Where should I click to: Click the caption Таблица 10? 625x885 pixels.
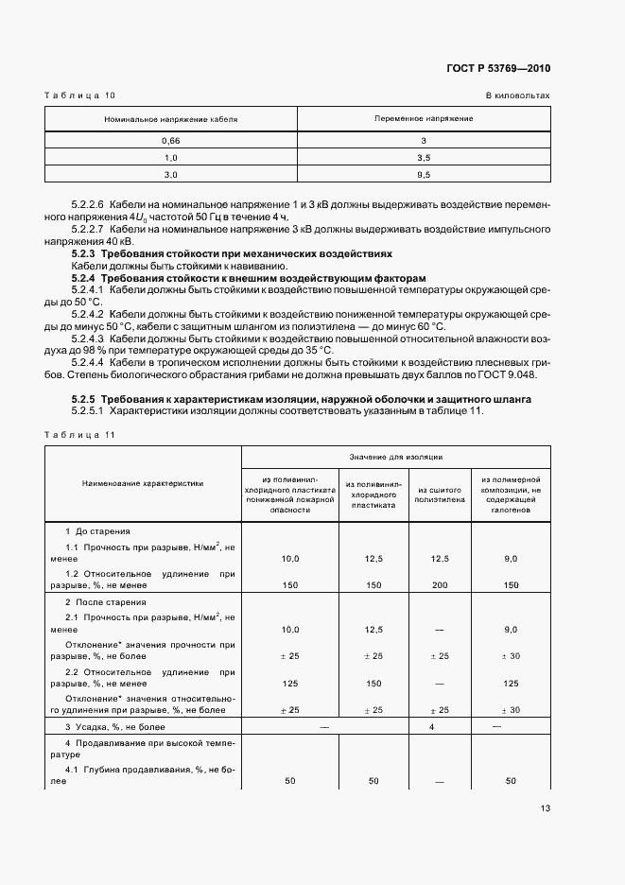coord(79,95)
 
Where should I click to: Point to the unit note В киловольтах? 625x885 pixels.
coord(517,95)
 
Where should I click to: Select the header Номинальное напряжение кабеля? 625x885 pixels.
coord(171,119)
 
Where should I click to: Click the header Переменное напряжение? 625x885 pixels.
coord(424,119)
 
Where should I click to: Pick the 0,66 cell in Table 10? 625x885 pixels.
coord(171,140)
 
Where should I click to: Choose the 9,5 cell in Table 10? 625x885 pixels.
coord(424,174)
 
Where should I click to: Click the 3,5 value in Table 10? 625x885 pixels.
coord(424,157)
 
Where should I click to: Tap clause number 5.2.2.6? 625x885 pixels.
coord(88,204)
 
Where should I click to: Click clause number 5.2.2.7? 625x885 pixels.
coord(88,229)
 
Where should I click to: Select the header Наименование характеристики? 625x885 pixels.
coord(143,482)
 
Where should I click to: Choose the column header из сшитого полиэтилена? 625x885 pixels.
coord(439,493)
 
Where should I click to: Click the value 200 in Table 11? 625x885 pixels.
coord(439,585)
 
